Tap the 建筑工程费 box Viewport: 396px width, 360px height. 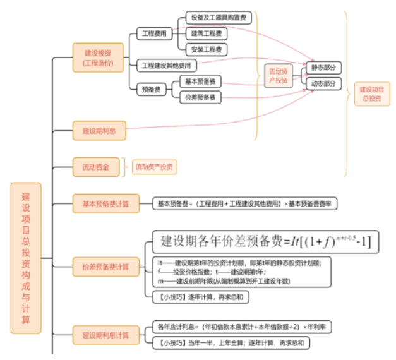(206, 33)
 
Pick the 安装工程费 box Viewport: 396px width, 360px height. (206, 49)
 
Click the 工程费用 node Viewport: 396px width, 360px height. (153, 33)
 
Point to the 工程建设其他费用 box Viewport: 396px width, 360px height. (166, 65)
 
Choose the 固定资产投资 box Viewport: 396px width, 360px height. (278, 76)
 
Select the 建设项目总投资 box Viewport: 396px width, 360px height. (371, 93)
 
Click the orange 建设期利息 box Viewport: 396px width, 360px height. (100, 131)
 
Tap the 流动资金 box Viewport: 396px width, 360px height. (95, 167)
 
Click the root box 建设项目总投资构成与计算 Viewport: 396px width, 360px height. (26, 258)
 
